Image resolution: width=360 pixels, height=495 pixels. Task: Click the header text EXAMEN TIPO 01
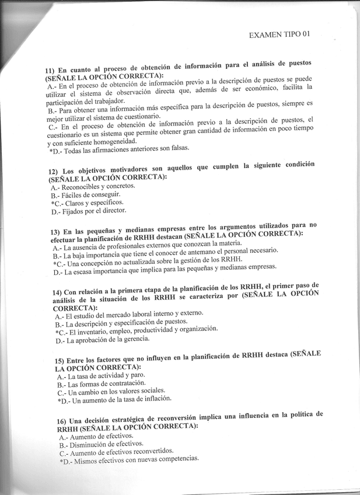point(279,34)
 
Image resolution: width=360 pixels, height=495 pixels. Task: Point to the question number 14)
point(57,293)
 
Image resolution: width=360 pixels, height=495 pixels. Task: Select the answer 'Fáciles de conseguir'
point(92,194)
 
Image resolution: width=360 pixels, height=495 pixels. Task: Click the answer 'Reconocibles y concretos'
point(98,186)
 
